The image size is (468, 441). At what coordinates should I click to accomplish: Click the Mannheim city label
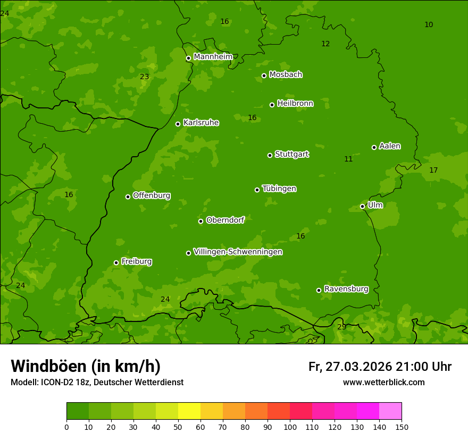point(213,57)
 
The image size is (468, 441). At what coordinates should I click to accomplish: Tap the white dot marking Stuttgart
point(270,155)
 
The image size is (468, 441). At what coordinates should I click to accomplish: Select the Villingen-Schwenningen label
point(238,252)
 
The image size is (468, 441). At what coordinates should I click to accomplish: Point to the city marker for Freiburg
point(116,262)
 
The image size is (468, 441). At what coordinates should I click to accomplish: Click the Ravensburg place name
point(346,289)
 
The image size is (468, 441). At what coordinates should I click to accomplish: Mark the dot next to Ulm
point(362,206)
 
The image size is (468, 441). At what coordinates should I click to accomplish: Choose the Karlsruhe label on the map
point(200,123)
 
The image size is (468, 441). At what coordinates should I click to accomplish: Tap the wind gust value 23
point(144,77)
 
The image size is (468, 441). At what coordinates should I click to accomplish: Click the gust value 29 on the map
point(341,327)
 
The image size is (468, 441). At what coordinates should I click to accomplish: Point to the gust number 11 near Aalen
point(348,159)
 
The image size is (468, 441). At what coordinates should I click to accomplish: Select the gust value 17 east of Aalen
point(433,170)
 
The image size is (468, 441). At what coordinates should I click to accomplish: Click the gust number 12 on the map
point(325,44)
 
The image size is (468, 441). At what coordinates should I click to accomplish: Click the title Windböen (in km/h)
point(86,366)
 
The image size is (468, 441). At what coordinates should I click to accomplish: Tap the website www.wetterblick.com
point(383,383)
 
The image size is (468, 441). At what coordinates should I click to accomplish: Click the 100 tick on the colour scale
point(290,427)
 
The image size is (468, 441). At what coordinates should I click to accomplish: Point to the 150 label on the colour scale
point(402,427)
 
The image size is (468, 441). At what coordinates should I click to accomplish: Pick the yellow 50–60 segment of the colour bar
point(189,411)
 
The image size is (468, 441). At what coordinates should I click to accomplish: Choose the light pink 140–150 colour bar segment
point(390,411)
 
